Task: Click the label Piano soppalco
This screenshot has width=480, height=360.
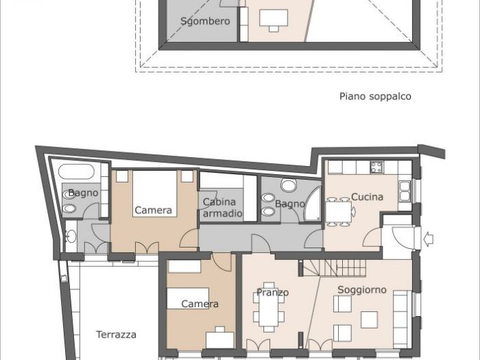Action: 375,97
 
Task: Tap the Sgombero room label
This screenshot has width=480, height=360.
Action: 205,21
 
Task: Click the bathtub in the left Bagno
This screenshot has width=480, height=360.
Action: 80,171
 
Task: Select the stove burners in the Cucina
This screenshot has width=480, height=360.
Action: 377,167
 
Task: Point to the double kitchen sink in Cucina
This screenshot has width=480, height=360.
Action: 405,190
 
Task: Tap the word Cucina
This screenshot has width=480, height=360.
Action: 367,197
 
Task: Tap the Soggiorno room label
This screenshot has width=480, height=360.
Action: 361,290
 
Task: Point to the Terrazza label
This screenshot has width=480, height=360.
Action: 116,335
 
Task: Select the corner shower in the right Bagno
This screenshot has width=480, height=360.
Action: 313,204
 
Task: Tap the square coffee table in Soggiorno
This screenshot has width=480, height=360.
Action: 369,320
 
